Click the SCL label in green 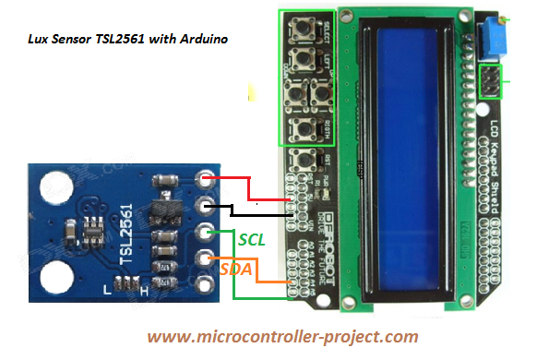252,239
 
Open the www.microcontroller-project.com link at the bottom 281,337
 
